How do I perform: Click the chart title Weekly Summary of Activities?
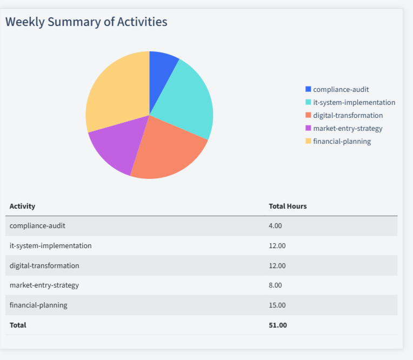coord(86,22)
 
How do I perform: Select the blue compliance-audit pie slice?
coord(162,70)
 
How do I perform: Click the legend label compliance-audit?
coord(341,89)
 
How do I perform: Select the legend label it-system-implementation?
coord(354,102)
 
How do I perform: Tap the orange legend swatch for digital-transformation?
coord(308,115)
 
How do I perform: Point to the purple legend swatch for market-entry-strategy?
coord(308,128)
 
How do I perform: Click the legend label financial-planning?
coord(342,141)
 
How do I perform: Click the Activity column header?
coord(22,206)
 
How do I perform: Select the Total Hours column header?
coord(288,206)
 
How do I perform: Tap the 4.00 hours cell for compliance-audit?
coord(275,226)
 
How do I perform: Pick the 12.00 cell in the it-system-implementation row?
coord(277,245)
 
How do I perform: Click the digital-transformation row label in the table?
coord(44,265)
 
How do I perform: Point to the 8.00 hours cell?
coord(275,285)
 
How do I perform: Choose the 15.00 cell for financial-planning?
coord(277,305)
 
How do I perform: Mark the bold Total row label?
coord(18,325)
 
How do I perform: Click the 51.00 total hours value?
coord(278,325)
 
